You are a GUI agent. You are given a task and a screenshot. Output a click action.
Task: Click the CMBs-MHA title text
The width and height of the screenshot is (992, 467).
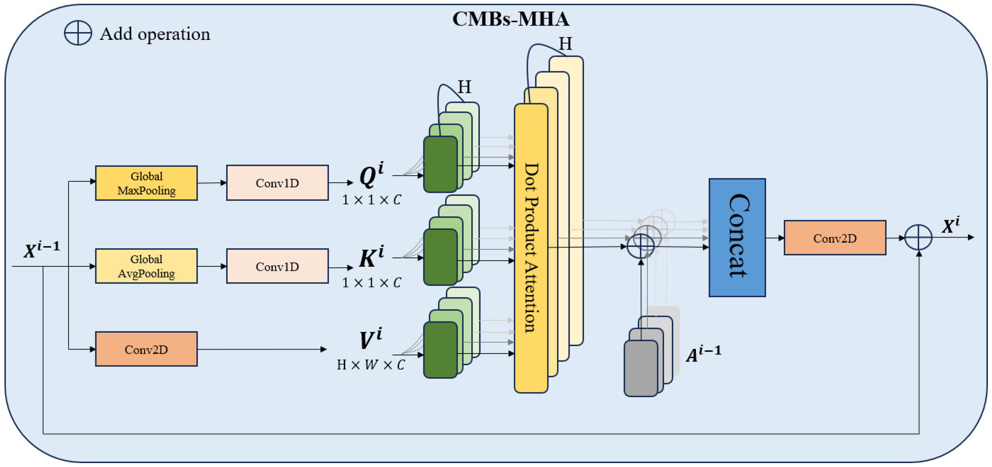(511, 19)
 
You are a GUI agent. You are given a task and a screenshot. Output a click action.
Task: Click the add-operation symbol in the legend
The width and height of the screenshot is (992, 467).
(78, 33)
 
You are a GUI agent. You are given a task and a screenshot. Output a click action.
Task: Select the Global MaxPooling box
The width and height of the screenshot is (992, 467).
(146, 183)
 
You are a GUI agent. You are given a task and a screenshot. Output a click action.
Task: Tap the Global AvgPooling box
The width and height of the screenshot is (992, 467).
(146, 266)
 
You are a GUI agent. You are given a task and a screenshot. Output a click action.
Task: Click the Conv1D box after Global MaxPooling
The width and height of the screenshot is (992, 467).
(277, 183)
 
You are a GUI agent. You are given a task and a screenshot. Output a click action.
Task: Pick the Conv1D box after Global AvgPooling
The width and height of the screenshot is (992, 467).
(277, 266)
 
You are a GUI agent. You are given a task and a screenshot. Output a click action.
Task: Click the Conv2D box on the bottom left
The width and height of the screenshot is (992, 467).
(146, 349)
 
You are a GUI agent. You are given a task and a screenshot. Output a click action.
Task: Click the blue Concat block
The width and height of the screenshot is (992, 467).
(737, 237)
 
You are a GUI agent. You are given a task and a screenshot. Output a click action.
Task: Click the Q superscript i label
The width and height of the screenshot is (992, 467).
(371, 175)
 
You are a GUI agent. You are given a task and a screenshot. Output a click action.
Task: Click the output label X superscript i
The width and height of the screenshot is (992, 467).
(950, 225)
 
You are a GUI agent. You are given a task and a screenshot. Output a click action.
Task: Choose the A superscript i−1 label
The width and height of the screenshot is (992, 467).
(703, 354)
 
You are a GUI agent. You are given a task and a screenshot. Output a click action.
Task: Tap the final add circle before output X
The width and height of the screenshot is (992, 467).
(918, 237)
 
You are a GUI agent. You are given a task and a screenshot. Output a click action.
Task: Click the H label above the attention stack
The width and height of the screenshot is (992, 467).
(565, 44)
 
